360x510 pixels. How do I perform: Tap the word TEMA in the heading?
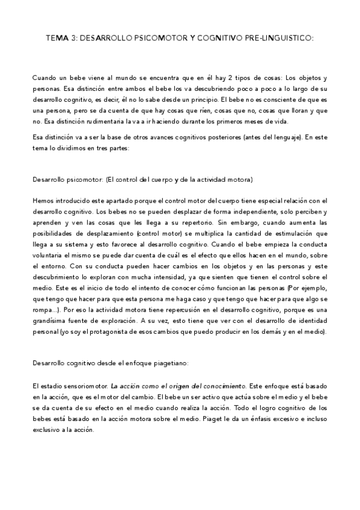(56, 38)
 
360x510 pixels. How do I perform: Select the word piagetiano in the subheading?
(169, 363)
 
